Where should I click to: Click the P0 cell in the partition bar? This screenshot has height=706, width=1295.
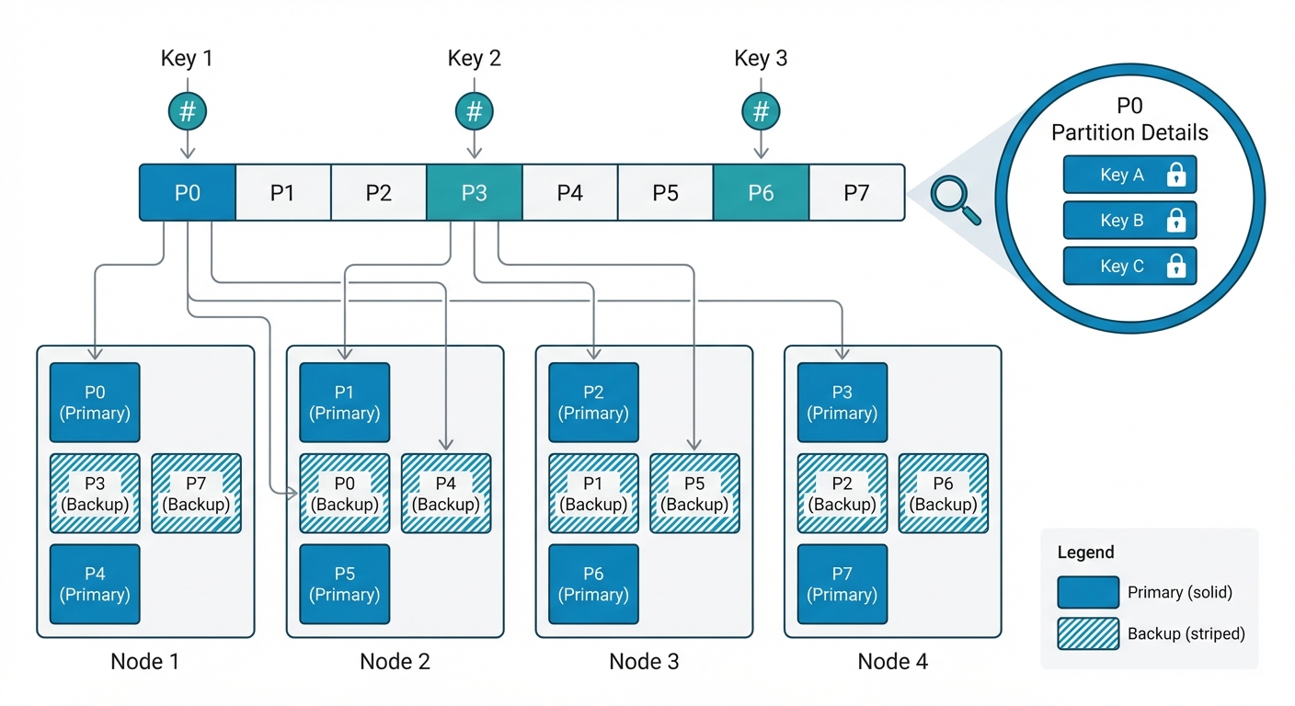[x=188, y=193]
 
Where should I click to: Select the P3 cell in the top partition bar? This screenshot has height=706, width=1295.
[x=474, y=193]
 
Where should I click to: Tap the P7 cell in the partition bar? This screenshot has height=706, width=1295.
[x=856, y=193]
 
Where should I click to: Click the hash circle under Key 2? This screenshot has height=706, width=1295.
[x=474, y=112]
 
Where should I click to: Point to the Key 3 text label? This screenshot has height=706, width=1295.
[x=761, y=59]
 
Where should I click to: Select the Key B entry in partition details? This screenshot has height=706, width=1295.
[x=1129, y=221]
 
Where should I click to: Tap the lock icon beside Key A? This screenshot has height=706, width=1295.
[x=1175, y=175]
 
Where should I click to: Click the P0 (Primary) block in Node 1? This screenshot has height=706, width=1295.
[x=95, y=403]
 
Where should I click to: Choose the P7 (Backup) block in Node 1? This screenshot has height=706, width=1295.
[x=196, y=494]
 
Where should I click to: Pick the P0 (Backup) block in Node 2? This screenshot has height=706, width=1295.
[x=344, y=494]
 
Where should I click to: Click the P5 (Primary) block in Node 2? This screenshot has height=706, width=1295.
[x=344, y=585]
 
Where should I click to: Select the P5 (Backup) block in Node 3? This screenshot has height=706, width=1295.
[x=694, y=494]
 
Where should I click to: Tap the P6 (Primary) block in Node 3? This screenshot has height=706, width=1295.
[x=593, y=585]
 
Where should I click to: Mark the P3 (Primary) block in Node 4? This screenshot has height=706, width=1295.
[x=842, y=403]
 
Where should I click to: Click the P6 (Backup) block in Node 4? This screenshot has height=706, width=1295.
[x=943, y=494]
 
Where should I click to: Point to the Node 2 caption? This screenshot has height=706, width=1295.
[x=395, y=661]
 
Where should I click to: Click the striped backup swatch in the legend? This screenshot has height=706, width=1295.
[x=1088, y=634]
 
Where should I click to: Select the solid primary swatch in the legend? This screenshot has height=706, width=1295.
[x=1088, y=593]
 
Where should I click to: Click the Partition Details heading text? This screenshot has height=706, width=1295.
[x=1129, y=132]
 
